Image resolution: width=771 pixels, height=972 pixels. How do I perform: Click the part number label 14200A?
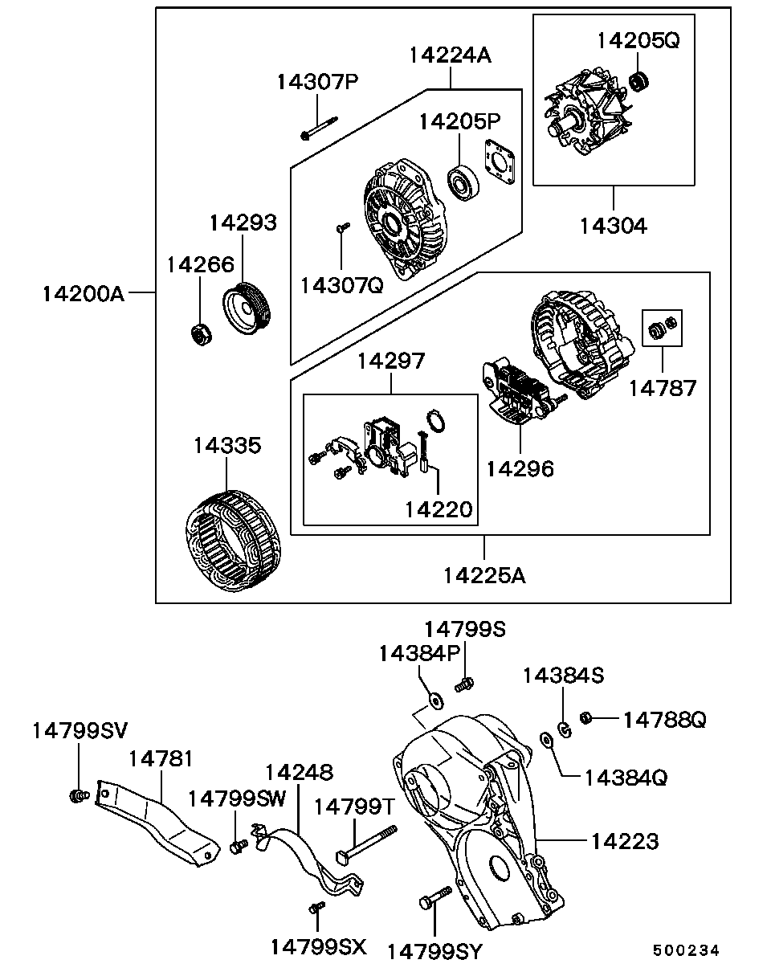point(83,294)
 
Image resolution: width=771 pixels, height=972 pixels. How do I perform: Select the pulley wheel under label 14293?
point(247,308)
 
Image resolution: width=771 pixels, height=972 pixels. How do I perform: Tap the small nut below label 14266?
point(201,335)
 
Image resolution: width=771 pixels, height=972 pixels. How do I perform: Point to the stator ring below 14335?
point(234,541)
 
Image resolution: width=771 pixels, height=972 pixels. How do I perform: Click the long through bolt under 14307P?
point(320,128)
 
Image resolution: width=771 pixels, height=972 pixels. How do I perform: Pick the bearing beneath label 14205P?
point(463,182)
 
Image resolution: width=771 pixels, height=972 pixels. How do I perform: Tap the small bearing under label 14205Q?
point(638,81)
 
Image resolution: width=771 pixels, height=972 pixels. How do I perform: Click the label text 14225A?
point(484,576)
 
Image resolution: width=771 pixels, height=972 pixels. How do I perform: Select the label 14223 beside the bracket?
point(625,841)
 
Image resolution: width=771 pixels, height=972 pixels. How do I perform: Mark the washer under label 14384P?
point(436,701)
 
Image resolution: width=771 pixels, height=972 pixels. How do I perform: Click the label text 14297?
point(391,361)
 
